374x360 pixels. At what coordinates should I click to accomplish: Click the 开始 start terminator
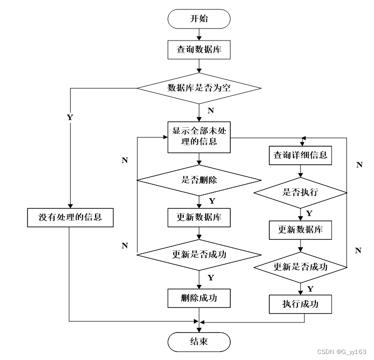tap(199, 20)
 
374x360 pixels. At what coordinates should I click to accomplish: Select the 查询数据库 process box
tap(199, 50)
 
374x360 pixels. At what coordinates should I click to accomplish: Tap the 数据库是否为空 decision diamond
tap(199, 88)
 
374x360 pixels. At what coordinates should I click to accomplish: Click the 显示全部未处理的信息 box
tap(199, 136)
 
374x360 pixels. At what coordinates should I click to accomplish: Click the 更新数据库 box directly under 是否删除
tap(199, 218)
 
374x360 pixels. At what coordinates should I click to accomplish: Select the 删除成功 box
tap(199, 298)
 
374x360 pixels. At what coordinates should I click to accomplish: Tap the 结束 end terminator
tap(199, 342)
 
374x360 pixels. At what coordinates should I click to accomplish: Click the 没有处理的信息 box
tap(70, 217)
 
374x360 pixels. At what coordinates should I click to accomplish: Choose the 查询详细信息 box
tap(300, 155)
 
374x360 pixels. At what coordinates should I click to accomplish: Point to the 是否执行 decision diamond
tap(300, 192)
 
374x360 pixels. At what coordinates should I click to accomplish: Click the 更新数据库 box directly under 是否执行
tap(300, 230)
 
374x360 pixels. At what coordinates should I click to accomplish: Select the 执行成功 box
tap(300, 303)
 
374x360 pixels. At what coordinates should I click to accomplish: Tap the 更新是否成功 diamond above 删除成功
tap(199, 254)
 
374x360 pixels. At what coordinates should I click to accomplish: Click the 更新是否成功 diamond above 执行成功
tap(300, 267)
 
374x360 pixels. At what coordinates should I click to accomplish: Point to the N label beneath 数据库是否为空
tap(210, 110)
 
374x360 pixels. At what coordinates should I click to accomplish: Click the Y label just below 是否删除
tap(211, 201)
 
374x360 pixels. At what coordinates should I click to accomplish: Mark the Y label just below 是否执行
tap(309, 213)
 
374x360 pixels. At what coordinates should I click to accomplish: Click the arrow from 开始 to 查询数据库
tap(199, 35)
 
